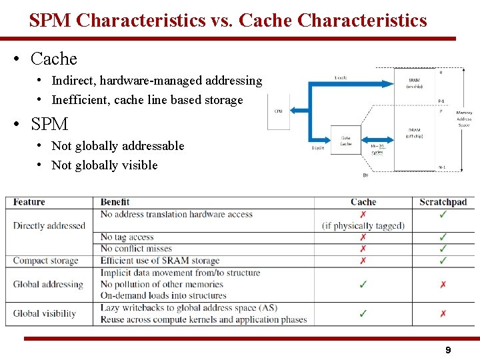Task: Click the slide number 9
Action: point(448,350)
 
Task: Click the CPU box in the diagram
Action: point(278,111)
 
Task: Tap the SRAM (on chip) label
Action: point(414,83)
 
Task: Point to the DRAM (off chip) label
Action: point(414,133)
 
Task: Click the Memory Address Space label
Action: point(464,121)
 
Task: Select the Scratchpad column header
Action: point(443,202)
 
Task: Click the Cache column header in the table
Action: point(363,202)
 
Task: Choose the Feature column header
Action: point(29,202)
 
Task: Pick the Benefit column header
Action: point(115,202)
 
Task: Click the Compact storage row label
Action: point(45,261)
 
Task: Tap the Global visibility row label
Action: point(45,313)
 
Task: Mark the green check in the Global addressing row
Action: point(363,285)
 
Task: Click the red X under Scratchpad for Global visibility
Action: point(443,313)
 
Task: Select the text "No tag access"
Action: point(127,237)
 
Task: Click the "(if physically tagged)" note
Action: point(363,225)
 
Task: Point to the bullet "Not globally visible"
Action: point(105,165)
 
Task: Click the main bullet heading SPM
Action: point(49,124)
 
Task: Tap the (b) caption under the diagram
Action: point(365,175)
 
